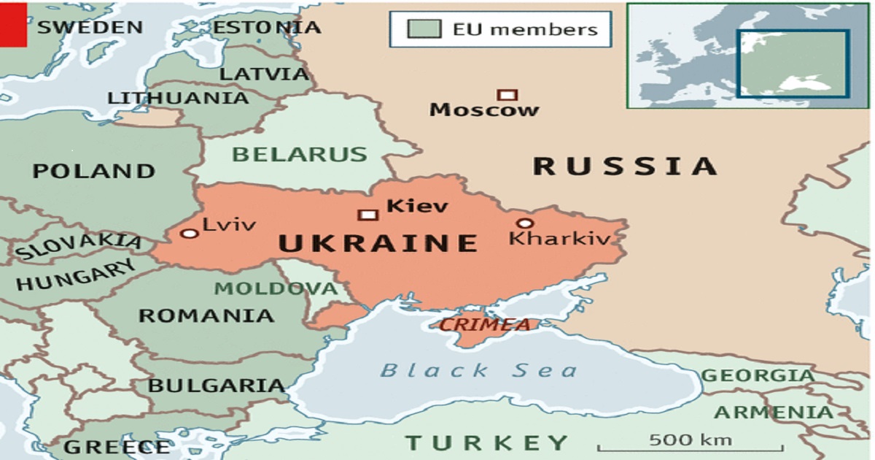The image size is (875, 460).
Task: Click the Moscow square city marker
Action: point(507,94)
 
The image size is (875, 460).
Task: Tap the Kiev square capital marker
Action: point(367,214)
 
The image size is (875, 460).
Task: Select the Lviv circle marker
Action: point(190,233)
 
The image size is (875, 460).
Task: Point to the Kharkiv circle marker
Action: point(524,223)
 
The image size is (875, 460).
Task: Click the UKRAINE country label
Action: point(378,243)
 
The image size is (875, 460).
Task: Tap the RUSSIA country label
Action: point(626,166)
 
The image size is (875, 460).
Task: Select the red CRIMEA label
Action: point(485,325)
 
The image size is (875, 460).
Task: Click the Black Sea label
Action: point(478,370)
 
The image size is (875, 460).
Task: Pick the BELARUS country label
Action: point(300,155)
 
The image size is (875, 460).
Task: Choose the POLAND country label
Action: point(93,172)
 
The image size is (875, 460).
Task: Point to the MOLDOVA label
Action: point(276,288)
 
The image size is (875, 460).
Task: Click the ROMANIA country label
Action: point(206,316)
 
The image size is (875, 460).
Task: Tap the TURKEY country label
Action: point(486,442)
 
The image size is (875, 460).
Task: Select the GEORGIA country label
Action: point(758,376)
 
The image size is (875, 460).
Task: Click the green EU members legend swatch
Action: point(424,29)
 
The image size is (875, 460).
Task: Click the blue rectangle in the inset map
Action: point(793,64)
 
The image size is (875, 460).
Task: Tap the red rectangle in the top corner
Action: point(13,23)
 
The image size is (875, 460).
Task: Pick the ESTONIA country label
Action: point(266,28)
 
